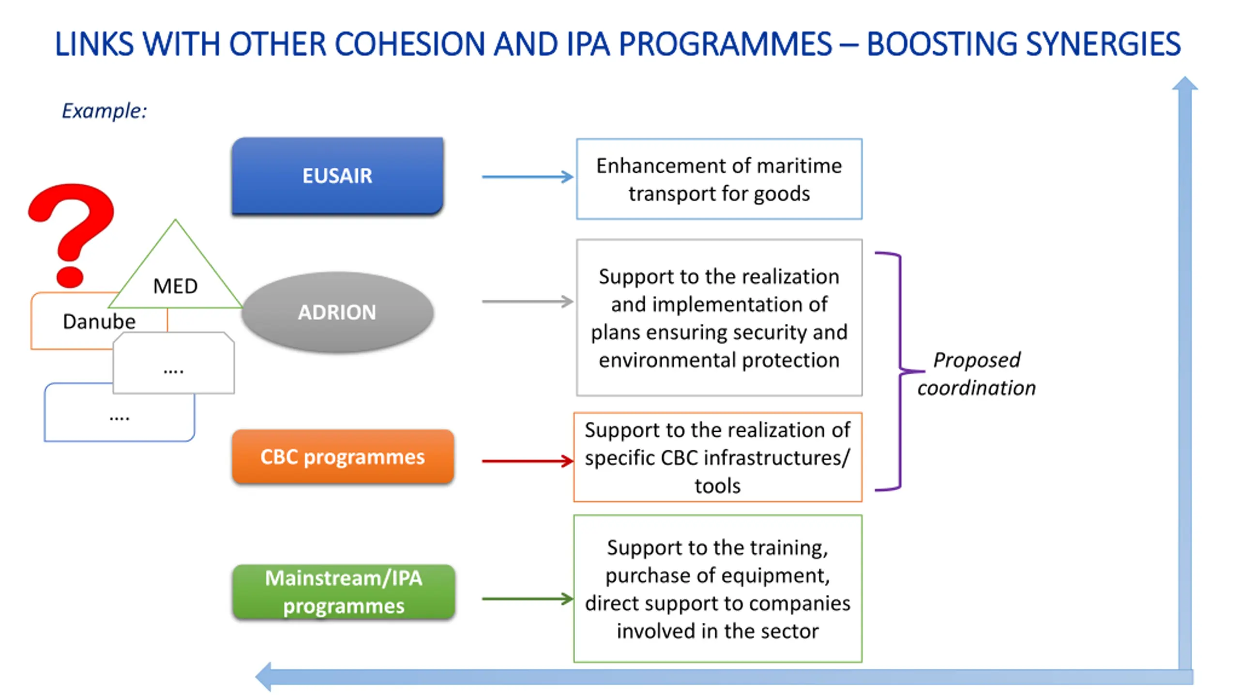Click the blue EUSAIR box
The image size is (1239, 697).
point(337,176)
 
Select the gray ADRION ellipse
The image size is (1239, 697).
point(337,312)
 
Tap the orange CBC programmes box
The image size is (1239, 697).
point(343,456)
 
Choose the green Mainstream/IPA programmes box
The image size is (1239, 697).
point(344,591)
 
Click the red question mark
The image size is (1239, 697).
point(72,227)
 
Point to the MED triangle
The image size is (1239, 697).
point(175,281)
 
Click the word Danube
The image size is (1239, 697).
point(99,321)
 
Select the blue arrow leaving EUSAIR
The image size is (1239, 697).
point(527,177)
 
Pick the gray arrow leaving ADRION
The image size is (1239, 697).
point(527,302)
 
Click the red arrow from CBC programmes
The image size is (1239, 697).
point(527,461)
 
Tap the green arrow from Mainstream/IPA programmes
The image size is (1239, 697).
point(527,599)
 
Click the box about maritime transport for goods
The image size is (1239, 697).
point(719,179)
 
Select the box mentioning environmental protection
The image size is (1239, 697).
point(719,318)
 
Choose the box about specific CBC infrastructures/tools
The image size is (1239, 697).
point(718,457)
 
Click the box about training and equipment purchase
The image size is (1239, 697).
point(718,589)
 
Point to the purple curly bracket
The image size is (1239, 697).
point(900,371)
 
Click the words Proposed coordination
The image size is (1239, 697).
point(976,374)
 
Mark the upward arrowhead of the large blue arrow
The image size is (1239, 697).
point(1185,84)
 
